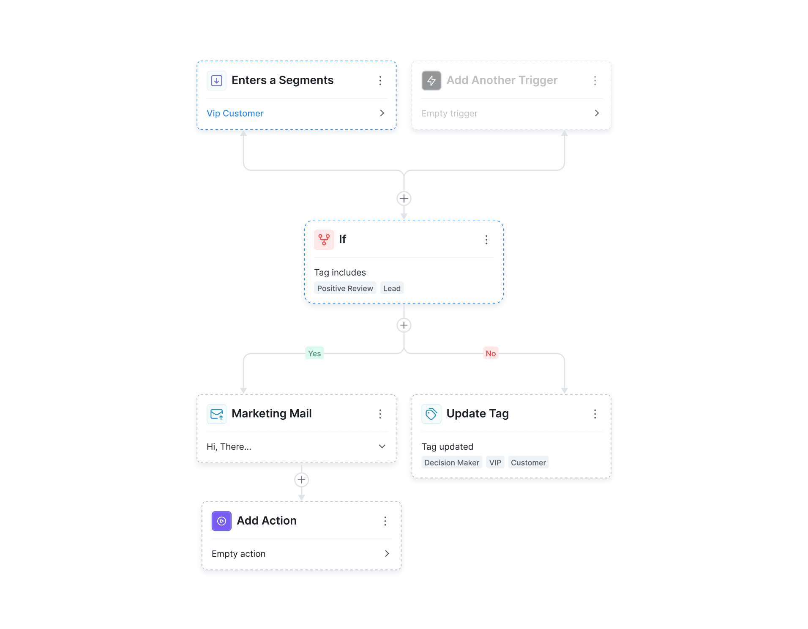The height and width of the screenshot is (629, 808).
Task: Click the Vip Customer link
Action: click(235, 113)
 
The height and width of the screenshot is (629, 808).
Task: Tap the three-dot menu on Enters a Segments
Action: click(380, 80)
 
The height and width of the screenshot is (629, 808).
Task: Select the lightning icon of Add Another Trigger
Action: click(431, 80)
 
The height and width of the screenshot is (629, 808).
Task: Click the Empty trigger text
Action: click(449, 113)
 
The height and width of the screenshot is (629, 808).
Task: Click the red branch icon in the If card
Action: click(324, 240)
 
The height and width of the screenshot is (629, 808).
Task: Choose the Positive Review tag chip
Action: click(345, 288)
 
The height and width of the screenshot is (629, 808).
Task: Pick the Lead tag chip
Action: click(392, 288)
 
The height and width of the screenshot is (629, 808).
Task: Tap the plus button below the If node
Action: click(404, 325)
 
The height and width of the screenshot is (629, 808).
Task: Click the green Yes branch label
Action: click(314, 353)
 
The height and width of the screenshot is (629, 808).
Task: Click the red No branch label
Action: click(491, 353)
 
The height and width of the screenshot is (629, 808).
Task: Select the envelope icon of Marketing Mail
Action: click(216, 414)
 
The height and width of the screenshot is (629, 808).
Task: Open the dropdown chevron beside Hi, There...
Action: click(382, 446)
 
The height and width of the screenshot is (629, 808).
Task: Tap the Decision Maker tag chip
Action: click(451, 462)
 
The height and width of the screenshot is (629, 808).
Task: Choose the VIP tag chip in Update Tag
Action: click(495, 462)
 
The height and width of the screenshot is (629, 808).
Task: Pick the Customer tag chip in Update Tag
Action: click(528, 462)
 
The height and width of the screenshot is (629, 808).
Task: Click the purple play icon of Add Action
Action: click(221, 521)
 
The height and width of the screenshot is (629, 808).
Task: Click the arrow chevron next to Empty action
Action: click(387, 554)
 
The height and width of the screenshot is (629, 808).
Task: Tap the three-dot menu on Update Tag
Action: click(595, 414)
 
